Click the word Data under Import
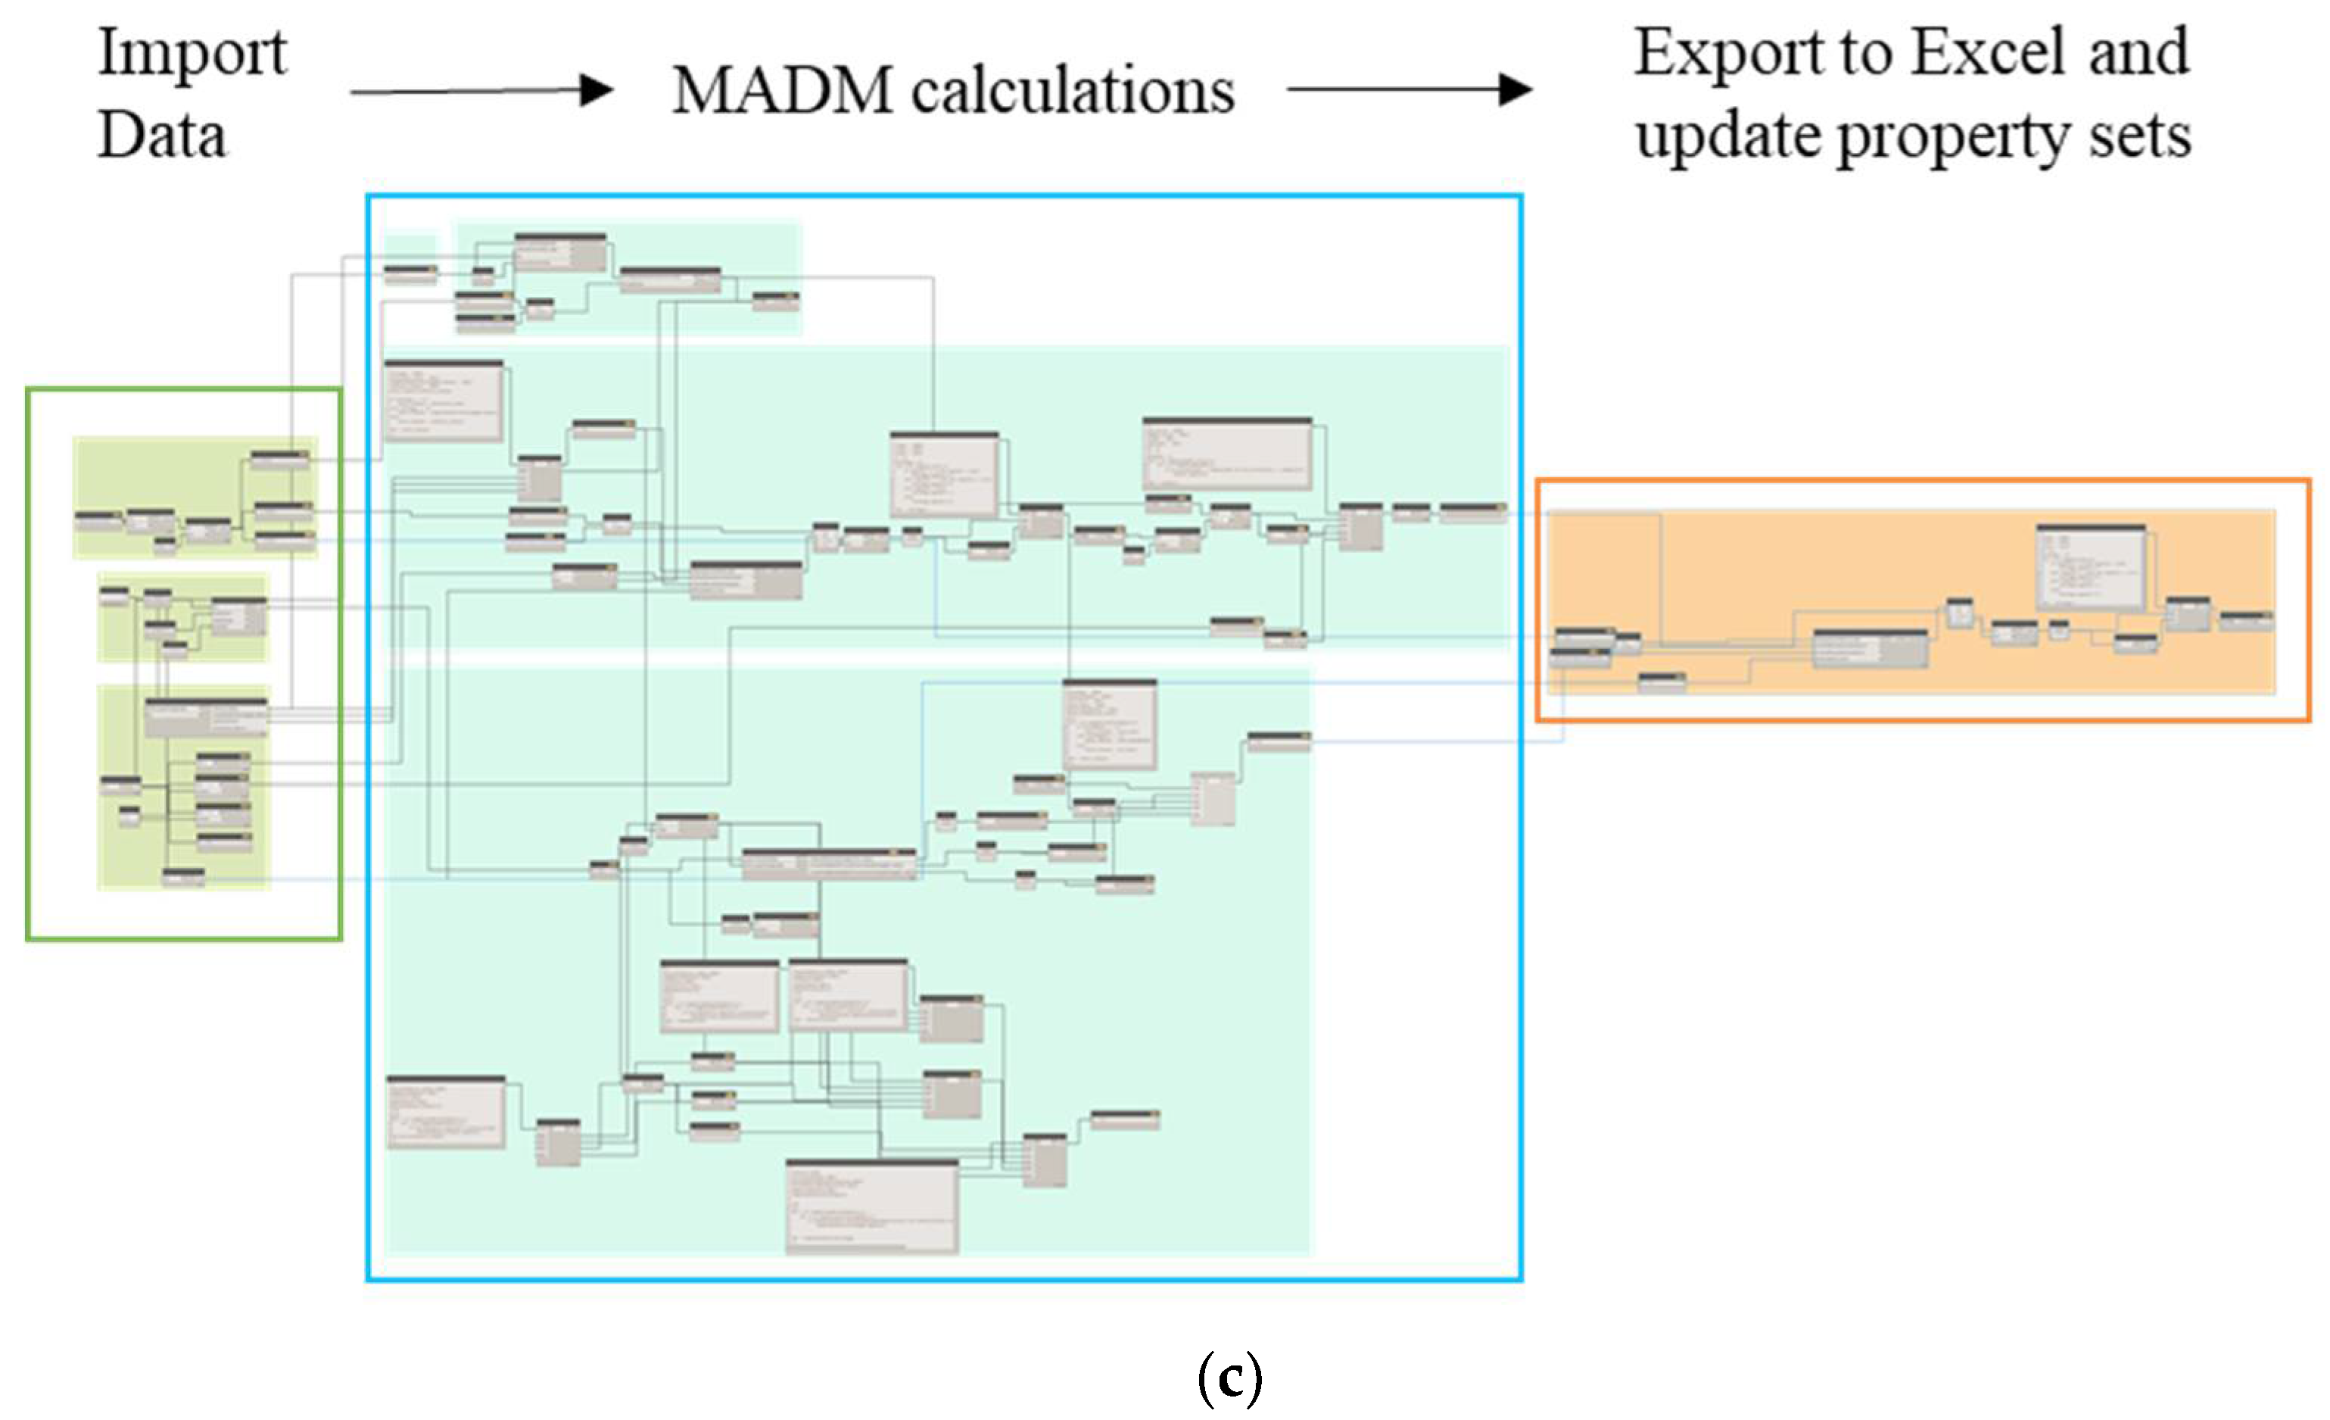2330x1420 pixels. coord(162,136)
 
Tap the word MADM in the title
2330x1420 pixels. coord(782,91)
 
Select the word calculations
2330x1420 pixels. coord(1073,91)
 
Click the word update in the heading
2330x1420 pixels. coord(1727,137)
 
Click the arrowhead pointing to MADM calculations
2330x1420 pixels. coord(597,90)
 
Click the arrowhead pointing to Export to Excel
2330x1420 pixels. coord(1515,90)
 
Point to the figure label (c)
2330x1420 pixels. coord(1229,1378)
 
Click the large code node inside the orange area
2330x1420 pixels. coord(2091,566)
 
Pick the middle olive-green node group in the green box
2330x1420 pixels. coord(183,616)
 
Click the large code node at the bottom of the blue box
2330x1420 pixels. coord(872,1206)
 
